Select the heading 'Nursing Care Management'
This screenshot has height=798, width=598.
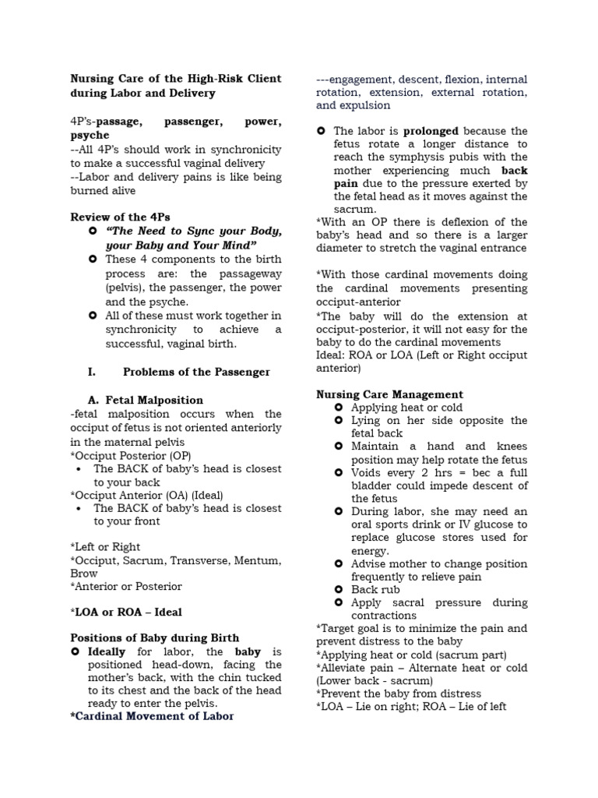click(389, 394)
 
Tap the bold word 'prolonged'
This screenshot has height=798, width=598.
click(431, 131)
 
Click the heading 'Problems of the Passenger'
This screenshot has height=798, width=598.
click(196, 372)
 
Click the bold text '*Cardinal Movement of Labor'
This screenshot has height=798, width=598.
click(152, 715)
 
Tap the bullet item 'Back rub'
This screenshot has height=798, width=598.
click(375, 589)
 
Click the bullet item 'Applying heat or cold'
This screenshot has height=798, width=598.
click(406, 408)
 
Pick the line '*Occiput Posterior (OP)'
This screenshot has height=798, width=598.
click(130, 455)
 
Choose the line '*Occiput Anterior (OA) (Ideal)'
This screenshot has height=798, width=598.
click(148, 494)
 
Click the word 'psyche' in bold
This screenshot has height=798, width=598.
click(90, 136)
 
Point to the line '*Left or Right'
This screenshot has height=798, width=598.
click(105, 547)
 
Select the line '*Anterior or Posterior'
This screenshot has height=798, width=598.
click(126, 586)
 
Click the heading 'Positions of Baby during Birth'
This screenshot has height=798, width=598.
click(155, 637)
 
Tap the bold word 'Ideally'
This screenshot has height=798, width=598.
click(108, 651)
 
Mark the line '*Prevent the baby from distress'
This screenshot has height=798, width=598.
click(399, 694)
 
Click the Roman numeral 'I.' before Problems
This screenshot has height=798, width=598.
click(93, 372)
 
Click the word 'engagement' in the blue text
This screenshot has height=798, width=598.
click(363, 79)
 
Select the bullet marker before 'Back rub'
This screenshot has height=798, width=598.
click(338, 589)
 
